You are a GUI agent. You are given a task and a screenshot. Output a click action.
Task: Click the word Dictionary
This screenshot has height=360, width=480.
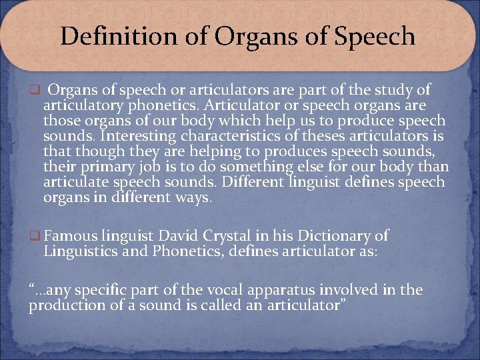(x=325, y=235)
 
